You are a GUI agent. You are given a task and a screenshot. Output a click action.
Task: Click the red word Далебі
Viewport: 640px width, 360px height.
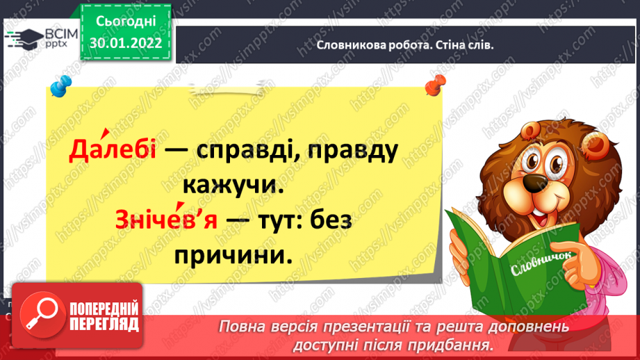click(113, 149)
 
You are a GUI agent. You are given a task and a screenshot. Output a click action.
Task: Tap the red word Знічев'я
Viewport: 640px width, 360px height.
click(166, 219)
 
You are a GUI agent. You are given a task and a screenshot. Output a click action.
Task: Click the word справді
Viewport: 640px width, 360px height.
click(248, 150)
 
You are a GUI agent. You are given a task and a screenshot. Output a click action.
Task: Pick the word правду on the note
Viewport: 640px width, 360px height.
click(352, 151)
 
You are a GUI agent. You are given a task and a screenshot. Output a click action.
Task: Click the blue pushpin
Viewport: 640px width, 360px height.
click(61, 85)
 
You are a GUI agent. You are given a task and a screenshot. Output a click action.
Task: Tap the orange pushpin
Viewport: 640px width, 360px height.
click(435, 85)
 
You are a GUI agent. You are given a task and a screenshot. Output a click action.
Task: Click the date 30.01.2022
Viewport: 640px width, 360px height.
click(126, 43)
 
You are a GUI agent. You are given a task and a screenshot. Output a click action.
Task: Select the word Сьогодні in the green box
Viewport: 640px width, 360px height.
click(126, 22)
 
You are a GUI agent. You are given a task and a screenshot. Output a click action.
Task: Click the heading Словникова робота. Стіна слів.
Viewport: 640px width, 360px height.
click(405, 45)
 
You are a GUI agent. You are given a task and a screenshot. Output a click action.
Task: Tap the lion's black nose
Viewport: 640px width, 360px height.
click(535, 183)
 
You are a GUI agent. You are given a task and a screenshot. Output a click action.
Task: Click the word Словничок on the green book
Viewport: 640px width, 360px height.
click(541, 263)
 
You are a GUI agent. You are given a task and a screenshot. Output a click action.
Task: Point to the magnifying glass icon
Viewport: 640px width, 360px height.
click(42, 314)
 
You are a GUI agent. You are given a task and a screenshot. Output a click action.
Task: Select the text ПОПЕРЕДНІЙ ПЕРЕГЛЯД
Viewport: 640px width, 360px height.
click(104, 316)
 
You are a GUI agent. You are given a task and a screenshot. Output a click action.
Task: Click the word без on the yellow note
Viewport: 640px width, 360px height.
click(331, 220)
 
